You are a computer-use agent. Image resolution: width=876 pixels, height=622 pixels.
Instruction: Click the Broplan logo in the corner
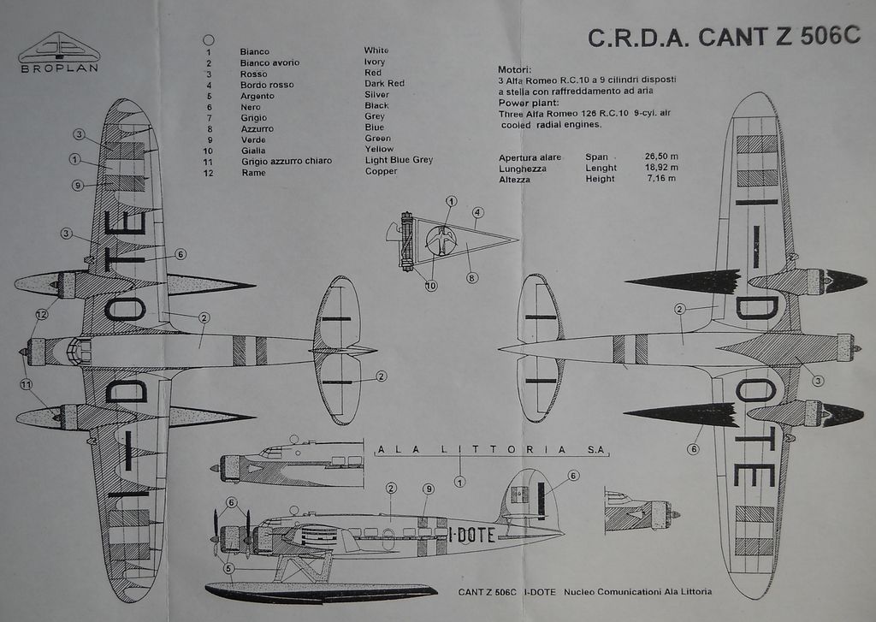(58, 51)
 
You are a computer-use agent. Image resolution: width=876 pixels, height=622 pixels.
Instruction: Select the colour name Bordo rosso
(267, 85)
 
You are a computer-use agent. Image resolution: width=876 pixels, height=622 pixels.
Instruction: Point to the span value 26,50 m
(661, 157)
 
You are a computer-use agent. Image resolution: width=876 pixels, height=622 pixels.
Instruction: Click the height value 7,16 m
(661, 179)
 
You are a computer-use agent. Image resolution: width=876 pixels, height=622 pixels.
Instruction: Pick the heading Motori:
(515, 69)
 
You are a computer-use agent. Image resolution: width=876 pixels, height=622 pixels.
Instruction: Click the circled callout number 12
(41, 315)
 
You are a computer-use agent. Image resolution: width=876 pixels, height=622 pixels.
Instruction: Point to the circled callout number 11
(26, 384)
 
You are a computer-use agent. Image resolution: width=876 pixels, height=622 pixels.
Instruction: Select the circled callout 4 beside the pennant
(477, 213)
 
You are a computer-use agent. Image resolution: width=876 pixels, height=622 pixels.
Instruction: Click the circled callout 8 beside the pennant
(472, 277)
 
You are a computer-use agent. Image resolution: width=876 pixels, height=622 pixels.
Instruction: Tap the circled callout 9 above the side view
(428, 489)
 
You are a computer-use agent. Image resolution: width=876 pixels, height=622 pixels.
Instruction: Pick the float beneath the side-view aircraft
(321, 590)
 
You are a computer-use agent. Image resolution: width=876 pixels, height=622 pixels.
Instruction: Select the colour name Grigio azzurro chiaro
(287, 161)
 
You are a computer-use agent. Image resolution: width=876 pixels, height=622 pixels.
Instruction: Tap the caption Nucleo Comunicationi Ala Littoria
(637, 592)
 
